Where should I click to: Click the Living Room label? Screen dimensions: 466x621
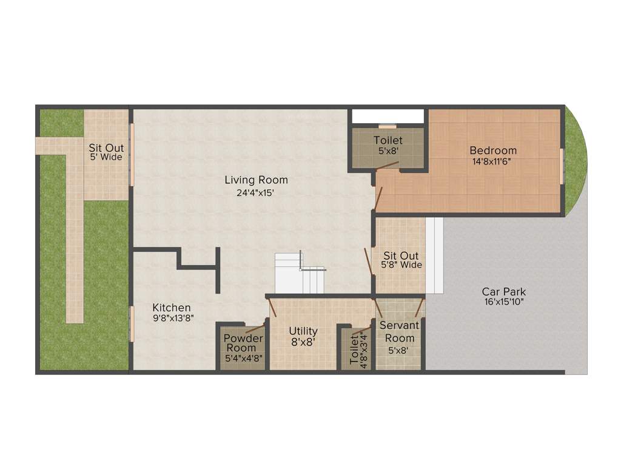[x=256, y=180]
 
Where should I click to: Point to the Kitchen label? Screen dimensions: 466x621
[x=172, y=308]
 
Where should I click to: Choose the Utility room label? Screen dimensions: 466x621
[x=303, y=331]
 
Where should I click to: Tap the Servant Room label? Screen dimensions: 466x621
[x=400, y=331]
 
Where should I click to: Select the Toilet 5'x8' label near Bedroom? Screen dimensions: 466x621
[x=388, y=140]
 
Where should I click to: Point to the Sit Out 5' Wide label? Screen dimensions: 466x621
[x=106, y=148]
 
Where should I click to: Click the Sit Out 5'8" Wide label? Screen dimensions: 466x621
[x=401, y=256]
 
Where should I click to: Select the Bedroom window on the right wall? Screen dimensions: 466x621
[x=562, y=165]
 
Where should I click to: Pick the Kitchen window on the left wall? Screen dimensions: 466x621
[x=132, y=325]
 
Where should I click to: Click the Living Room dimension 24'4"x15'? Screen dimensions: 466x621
[x=256, y=192]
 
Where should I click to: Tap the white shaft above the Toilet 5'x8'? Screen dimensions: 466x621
[x=388, y=116]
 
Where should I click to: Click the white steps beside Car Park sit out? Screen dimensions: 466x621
[x=435, y=255]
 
